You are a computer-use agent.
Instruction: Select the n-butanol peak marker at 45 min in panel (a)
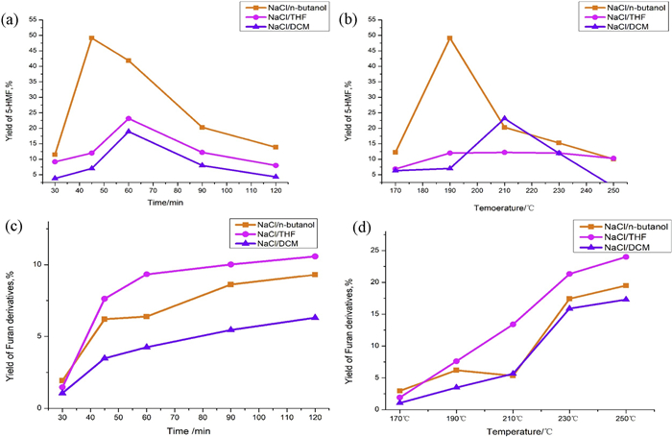pos(91,38)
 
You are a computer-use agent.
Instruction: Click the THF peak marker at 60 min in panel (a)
pos(129,118)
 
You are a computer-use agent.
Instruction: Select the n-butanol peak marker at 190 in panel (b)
pos(449,38)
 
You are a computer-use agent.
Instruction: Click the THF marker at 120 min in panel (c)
pos(315,256)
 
